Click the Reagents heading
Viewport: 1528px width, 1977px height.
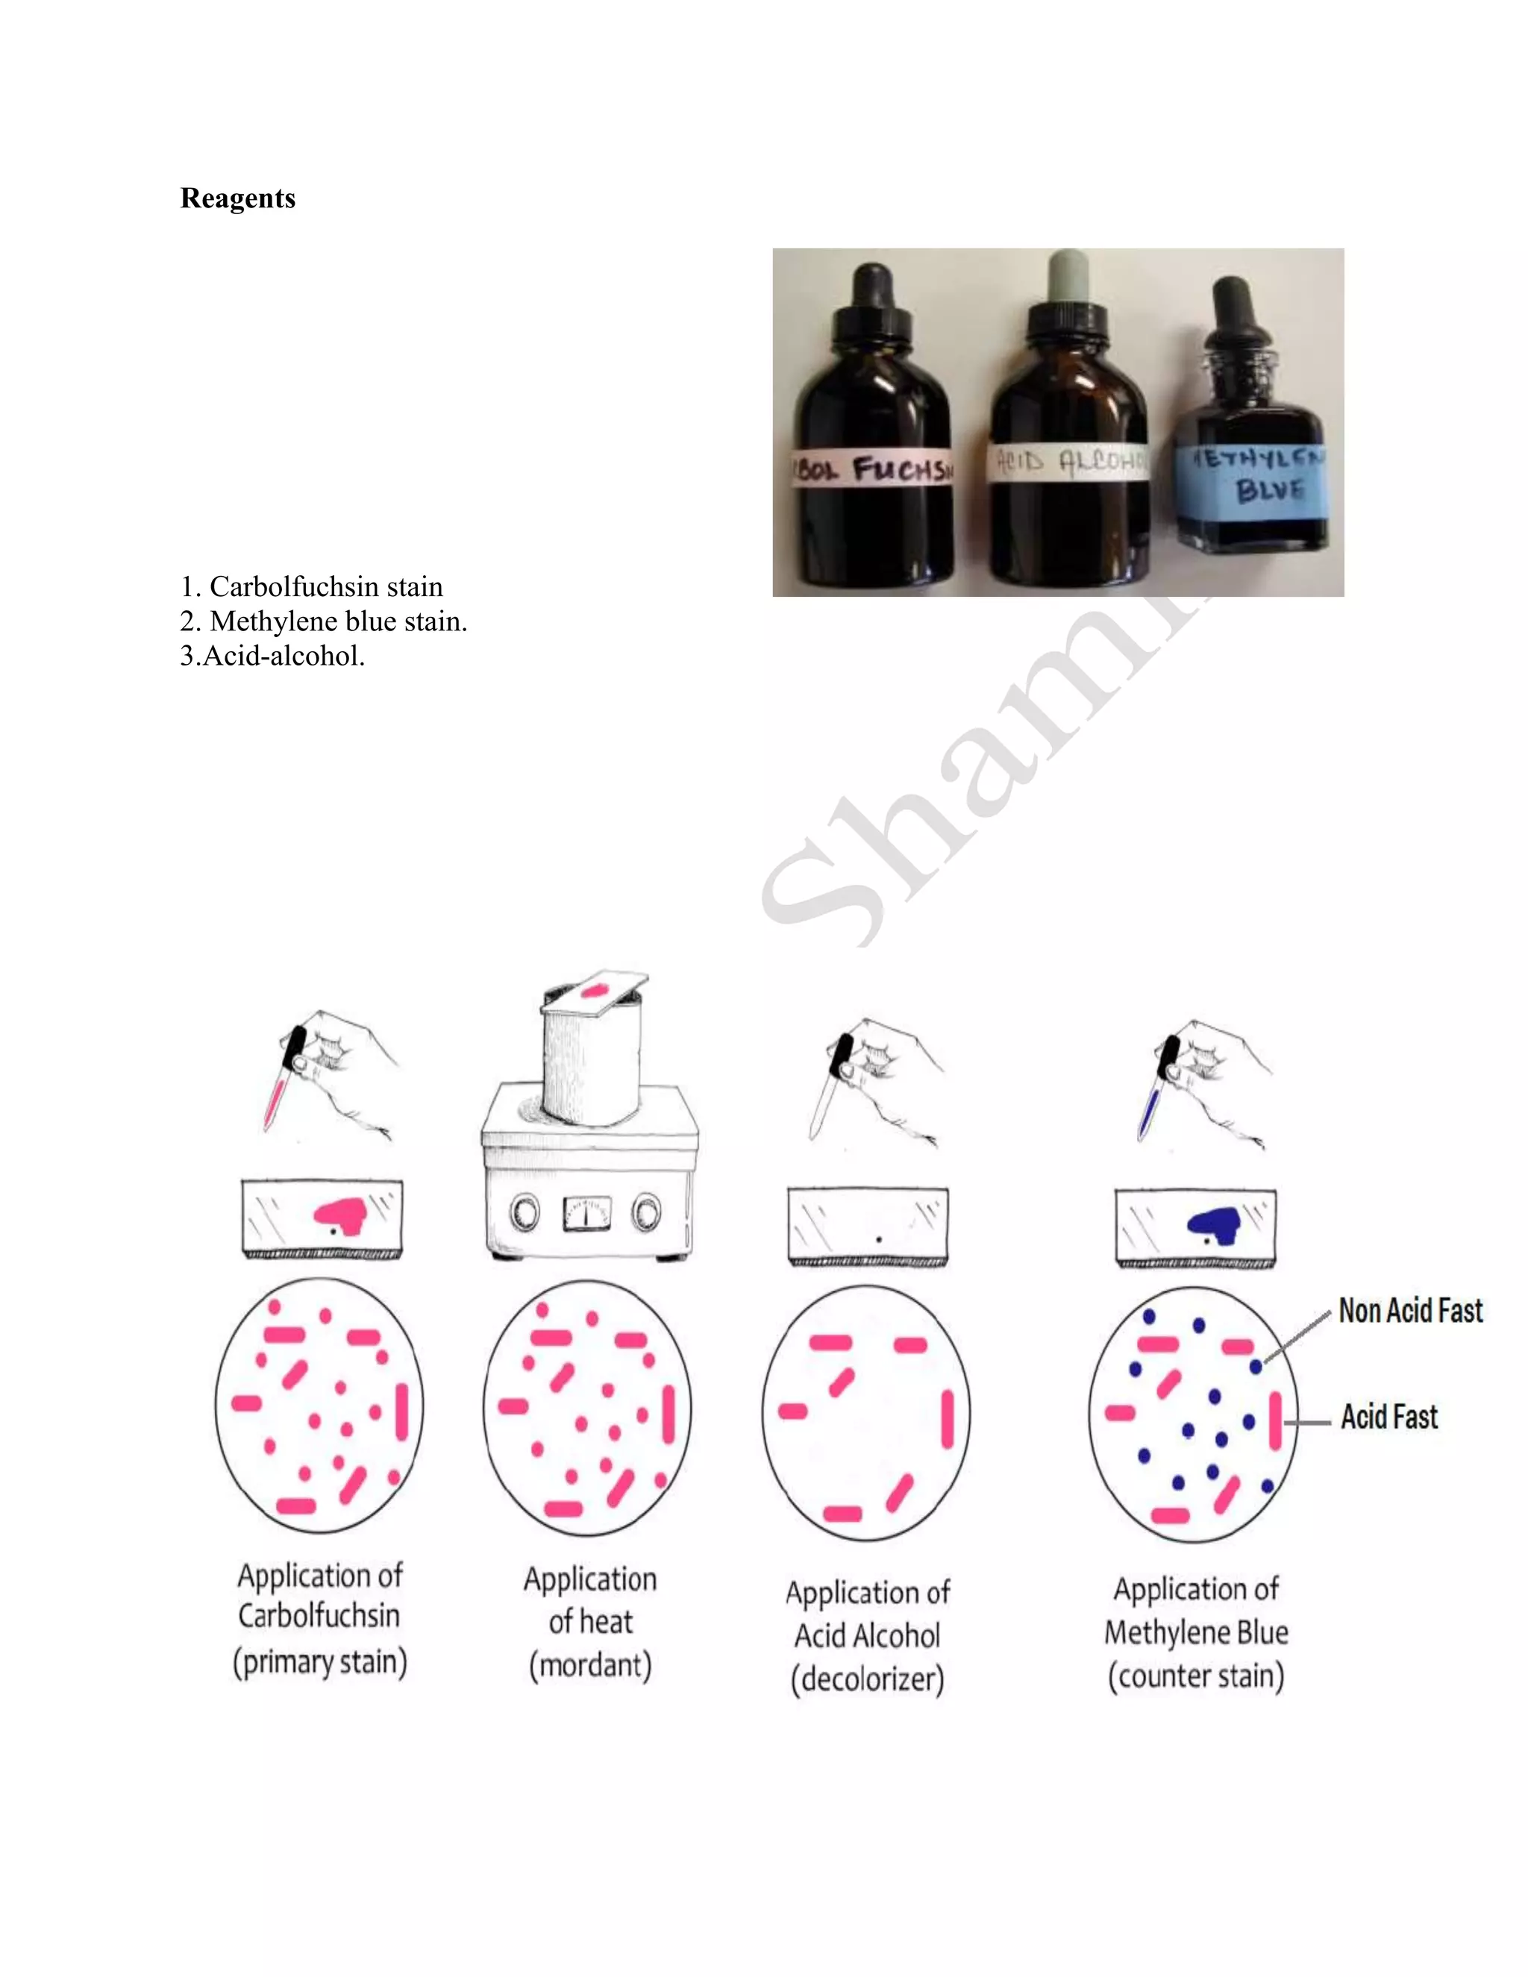[x=237, y=198]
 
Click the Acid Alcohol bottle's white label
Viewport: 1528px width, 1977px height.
[x=1068, y=463]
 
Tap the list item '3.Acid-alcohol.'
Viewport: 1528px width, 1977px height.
[x=272, y=655]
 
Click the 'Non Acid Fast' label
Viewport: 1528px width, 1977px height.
[x=1409, y=1311]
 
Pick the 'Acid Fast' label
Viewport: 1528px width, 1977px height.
[x=1388, y=1417]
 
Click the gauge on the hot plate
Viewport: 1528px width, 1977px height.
[x=586, y=1214]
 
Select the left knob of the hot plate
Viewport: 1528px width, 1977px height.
[x=526, y=1213]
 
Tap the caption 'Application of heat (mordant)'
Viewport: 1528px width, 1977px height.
[x=590, y=1622]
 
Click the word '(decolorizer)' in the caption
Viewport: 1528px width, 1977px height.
[x=867, y=1679]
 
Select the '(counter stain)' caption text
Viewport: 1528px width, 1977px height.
[x=1196, y=1676]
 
